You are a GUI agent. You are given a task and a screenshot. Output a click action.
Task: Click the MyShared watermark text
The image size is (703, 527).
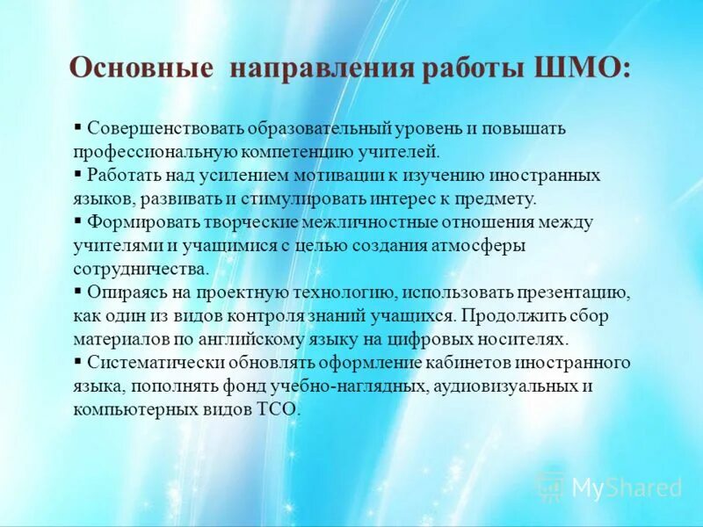(x=627, y=487)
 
